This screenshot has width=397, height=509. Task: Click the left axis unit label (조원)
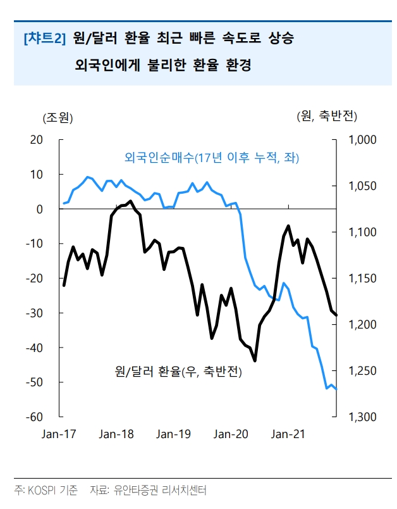(58, 117)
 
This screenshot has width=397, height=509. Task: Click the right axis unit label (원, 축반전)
(327, 116)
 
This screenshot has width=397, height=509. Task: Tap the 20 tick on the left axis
(37, 140)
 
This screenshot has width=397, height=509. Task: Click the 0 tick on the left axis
(39, 209)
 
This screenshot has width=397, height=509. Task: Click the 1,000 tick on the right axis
(362, 140)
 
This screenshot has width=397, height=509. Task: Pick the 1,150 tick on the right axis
(362, 279)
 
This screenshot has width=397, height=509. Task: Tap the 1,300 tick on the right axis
(362, 417)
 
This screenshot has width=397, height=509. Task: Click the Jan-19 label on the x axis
(174, 434)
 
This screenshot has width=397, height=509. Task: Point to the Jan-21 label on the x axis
(289, 434)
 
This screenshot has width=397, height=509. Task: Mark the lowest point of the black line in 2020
(255, 361)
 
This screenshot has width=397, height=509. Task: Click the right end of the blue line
(336, 389)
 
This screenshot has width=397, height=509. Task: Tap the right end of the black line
(336, 315)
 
